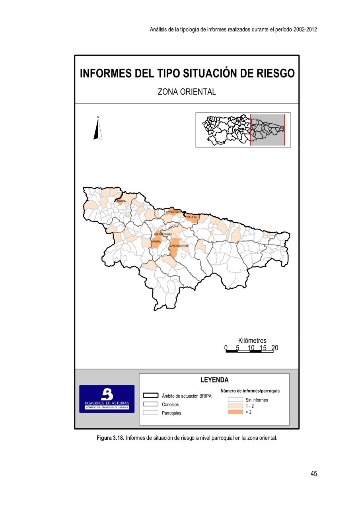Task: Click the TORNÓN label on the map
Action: click(x=121, y=201)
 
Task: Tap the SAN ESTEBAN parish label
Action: click(x=174, y=212)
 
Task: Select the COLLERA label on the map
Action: click(x=191, y=217)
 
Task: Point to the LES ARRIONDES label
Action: click(x=163, y=235)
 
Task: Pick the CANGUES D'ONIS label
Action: click(x=179, y=246)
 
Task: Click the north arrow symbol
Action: click(x=98, y=128)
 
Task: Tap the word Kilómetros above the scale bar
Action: click(x=252, y=341)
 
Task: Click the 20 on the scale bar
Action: click(x=275, y=348)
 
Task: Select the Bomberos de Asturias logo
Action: click(x=107, y=399)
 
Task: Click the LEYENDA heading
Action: click(x=214, y=380)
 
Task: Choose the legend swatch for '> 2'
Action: click(x=235, y=412)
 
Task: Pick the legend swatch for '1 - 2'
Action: click(x=235, y=406)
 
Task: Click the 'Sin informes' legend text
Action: click(x=257, y=400)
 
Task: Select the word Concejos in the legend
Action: click(x=170, y=404)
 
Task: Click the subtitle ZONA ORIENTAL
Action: click(x=187, y=92)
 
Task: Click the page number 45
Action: click(x=313, y=474)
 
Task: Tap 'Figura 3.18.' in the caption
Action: click(x=111, y=438)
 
